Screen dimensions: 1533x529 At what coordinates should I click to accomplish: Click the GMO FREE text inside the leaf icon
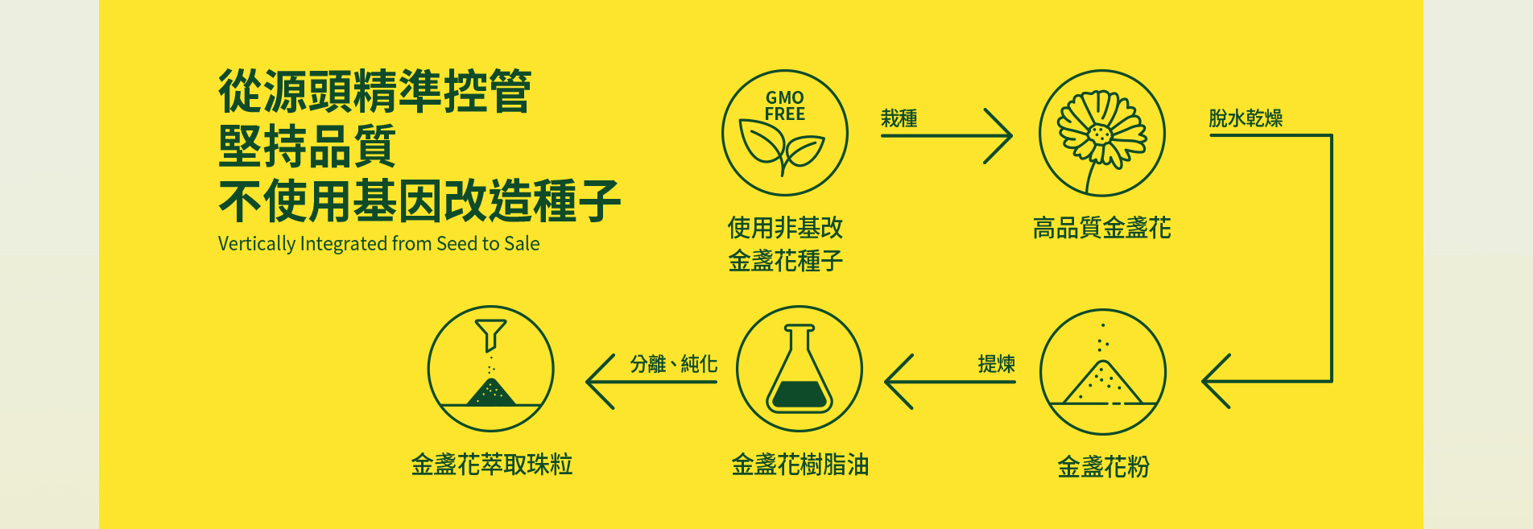(785, 106)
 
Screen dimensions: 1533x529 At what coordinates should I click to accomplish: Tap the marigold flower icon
(1102, 133)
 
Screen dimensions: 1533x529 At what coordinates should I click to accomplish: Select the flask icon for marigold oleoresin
(800, 369)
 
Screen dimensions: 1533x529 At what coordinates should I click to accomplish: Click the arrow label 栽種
(899, 118)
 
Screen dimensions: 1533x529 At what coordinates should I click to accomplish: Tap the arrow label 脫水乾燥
(1246, 118)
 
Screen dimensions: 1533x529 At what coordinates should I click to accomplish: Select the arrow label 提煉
(997, 364)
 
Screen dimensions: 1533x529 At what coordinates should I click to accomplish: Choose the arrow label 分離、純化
(673, 364)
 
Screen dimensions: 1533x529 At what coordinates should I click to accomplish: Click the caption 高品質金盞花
(1102, 228)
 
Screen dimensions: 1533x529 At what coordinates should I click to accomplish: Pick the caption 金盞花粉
(1103, 466)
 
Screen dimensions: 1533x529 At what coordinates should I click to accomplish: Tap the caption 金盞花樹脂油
(800, 465)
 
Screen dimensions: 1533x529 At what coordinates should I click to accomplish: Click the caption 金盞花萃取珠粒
(491, 465)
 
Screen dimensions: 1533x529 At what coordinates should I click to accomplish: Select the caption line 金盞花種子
(785, 261)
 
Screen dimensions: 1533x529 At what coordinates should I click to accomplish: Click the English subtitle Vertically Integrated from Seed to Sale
(378, 244)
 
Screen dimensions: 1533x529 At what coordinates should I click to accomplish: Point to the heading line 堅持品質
(307, 146)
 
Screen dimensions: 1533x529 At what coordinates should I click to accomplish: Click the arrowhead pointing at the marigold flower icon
(998, 136)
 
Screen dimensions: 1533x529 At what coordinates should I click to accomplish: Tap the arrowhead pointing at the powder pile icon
(1216, 381)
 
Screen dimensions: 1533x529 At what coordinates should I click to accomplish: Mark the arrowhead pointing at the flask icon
(899, 381)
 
